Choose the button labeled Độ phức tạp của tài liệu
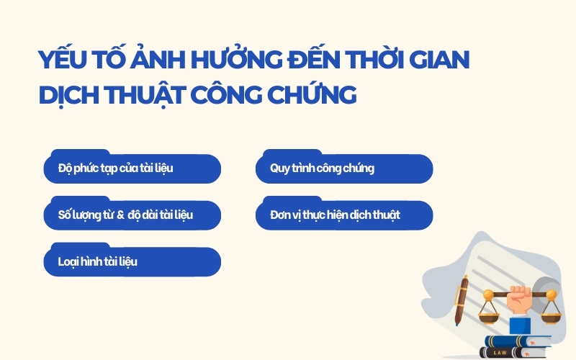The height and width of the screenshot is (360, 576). [x=132, y=168]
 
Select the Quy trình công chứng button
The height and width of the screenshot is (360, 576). [x=344, y=168]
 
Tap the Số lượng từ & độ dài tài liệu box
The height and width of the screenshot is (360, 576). [x=132, y=215]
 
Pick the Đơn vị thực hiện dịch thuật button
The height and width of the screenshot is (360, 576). [x=344, y=215]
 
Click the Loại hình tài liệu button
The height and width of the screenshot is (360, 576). [x=132, y=262]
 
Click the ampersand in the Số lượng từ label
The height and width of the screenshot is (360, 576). [x=120, y=215]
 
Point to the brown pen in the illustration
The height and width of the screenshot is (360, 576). [x=464, y=295]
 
